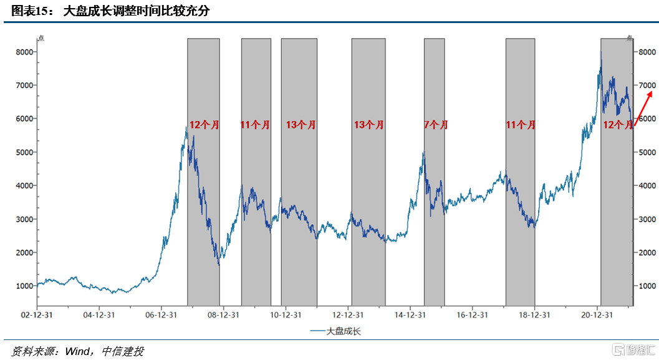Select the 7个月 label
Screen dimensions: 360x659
[435, 125]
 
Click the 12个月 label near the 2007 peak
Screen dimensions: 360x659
[204, 125]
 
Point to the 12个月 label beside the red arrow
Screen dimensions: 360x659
[617, 125]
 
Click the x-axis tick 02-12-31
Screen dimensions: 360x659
[38, 315]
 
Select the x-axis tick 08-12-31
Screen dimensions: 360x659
[223, 315]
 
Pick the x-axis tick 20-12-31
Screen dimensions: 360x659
[597, 315]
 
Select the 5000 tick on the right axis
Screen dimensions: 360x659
[647, 152]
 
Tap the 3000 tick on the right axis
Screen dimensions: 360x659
[647, 219]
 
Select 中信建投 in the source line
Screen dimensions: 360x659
[123, 351]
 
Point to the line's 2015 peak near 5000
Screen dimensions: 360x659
[424, 151]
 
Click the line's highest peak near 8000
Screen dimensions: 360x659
[600, 52]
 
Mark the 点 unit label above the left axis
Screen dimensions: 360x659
[41, 39]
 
